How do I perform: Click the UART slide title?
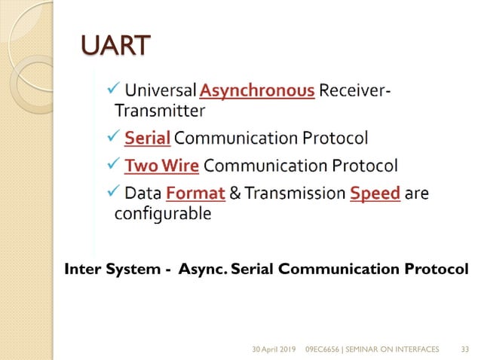click(x=116, y=46)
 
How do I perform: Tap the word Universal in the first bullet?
click(x=161, y=92)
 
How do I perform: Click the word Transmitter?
click(x=159, y=111)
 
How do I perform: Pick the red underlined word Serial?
click(x=148, y=139)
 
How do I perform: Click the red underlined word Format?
click(x=195, y=194)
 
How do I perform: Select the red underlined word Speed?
click(x=375, y=194)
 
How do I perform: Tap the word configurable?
click(x=162, y=213)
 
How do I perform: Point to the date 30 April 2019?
click(x=274, y=349)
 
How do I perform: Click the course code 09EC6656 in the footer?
click(x=326, y=349)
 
